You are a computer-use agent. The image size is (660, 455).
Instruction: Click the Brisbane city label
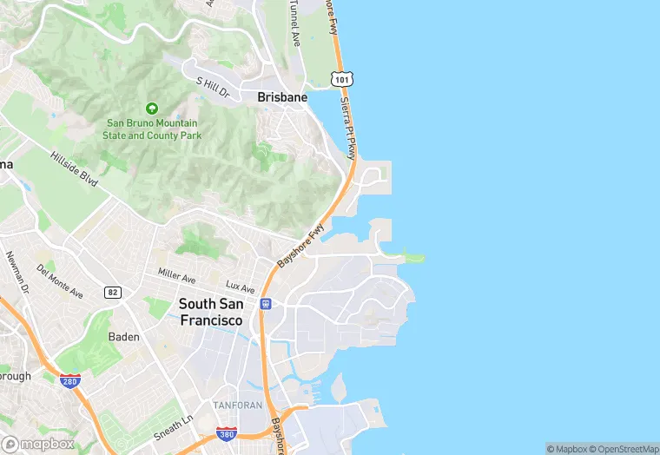tap(282, 98)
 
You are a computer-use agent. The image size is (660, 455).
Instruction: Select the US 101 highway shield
tap(341, 80)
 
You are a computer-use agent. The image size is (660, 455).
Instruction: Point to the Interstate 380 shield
tap(226, 432)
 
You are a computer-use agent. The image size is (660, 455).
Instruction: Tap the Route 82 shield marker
tap(112, 292)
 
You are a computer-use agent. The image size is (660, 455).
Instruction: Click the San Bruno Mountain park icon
tap(152, 109)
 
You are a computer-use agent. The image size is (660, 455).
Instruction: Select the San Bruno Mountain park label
tap(152, 129)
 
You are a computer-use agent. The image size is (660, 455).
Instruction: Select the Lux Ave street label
tap(240, 287)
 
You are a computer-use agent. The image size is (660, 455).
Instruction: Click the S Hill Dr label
tap(212, 86)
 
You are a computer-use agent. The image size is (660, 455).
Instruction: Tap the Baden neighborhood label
tap(123, 336)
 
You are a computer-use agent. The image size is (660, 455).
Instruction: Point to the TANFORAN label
tap(236, 406)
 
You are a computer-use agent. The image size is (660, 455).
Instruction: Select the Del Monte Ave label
tap(60, 280)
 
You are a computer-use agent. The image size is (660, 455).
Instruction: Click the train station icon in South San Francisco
tap(264, 304)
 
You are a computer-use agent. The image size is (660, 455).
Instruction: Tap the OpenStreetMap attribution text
tap(625, 449)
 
